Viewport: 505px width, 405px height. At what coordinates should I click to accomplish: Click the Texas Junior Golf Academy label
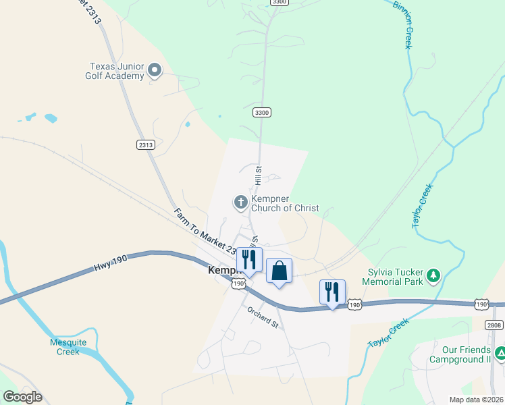[x=117, y=71]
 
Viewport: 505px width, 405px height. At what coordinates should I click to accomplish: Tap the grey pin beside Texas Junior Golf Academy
[x=155, y=70]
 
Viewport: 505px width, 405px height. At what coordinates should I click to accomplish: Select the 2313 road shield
[x=146, y=144]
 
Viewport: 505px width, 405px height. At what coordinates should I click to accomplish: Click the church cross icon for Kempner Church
[x=240, y=202]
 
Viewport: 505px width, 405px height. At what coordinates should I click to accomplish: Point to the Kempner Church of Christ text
[x=284, y=204]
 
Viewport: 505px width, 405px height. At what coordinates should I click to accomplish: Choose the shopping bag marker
[x=279, y=271]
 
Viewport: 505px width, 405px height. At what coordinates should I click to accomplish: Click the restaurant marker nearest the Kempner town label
[x=248, y=260]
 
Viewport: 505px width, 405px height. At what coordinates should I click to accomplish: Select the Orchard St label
[x=263, y=317]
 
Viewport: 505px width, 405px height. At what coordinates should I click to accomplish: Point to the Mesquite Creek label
[x=68, y=346]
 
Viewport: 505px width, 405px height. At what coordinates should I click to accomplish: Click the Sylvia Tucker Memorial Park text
[x=394, y=277]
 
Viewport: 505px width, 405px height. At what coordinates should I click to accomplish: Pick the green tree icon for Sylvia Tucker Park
[x=433, y=275]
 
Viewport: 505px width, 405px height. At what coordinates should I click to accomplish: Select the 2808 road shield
[x=494, y=325]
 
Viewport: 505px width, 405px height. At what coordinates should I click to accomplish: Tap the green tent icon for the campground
[x=500, y=353]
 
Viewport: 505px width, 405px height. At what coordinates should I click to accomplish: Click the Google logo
[x=22, y=396]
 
